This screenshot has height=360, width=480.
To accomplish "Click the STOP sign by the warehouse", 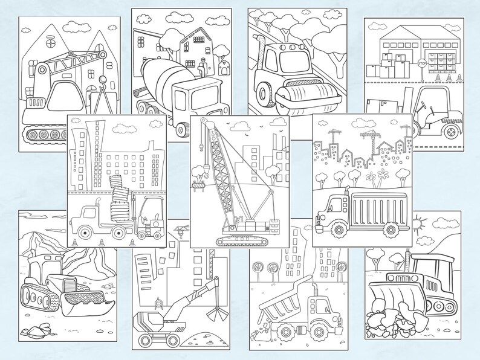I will (x=422, y=62).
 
